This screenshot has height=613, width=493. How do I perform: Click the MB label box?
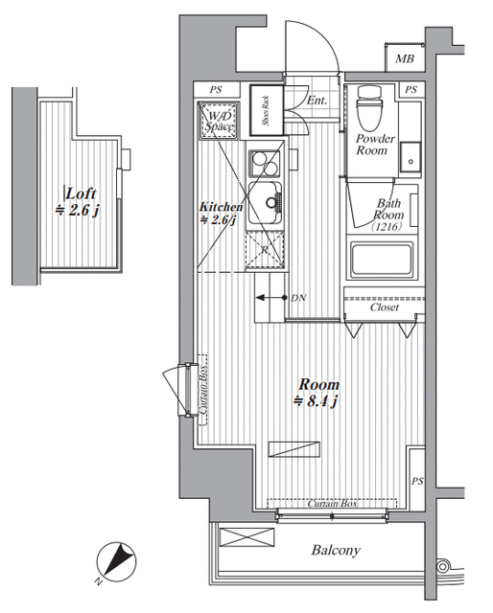(x=405, y=57)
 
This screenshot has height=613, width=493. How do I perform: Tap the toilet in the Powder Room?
(x=369, y=107)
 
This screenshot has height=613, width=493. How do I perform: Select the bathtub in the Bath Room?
(x=382, y=260)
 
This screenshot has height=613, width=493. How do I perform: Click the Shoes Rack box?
(x=267, y=110)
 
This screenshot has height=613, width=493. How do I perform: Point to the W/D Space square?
(x=219, y=121)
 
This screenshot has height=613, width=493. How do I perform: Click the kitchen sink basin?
(x=265, y=203)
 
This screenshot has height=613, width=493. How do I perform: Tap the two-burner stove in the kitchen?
(x=265, y=164)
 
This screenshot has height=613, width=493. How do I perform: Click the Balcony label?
(x=336, y=551)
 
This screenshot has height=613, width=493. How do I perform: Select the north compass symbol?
(x=116, y=562)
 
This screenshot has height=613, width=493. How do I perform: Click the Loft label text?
(x=81, y=193)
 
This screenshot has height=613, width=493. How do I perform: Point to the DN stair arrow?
(x=271, y=298)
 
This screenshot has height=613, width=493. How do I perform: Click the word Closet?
(x=385, y=307)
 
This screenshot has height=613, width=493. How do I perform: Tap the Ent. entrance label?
(x=317, y=101)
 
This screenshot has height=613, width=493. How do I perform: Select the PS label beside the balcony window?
(x=417, y=481)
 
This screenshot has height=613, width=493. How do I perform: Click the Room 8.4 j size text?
(x=317, y=401)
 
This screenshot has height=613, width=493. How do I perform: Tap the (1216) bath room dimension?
(x=387, y=227)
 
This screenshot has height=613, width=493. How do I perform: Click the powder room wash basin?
(x=411, y=157)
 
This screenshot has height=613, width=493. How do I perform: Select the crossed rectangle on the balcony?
(x=247, y=536)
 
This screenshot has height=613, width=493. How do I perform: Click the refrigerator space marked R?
(x=265, y=249)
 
